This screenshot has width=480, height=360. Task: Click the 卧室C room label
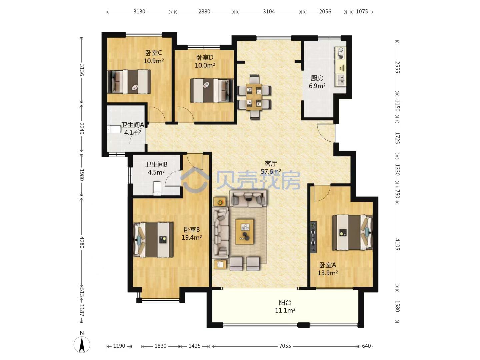(153, 53)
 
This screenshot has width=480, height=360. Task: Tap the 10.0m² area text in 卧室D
(205, 65)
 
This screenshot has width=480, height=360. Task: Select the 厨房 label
(317, 78)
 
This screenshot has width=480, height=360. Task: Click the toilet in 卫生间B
(157, 188)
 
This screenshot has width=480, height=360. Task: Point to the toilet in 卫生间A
(114, 129)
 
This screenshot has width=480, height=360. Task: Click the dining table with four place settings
(254, 97)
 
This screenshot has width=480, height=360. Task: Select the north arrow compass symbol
(82, 345)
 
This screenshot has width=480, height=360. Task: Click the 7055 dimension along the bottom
(285, 346)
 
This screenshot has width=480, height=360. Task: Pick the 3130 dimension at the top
(139, 11)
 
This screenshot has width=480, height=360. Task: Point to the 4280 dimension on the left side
(82, 242)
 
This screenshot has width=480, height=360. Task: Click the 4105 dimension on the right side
(397, 244)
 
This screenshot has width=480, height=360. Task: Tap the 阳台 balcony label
(285, 303)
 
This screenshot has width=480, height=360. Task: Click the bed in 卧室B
(153, 240)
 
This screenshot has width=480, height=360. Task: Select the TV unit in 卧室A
(314, 237)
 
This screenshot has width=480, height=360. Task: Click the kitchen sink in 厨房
(341, 80)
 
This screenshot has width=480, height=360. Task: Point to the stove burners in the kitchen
(340, 53)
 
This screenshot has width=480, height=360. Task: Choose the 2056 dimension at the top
(325, 11)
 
